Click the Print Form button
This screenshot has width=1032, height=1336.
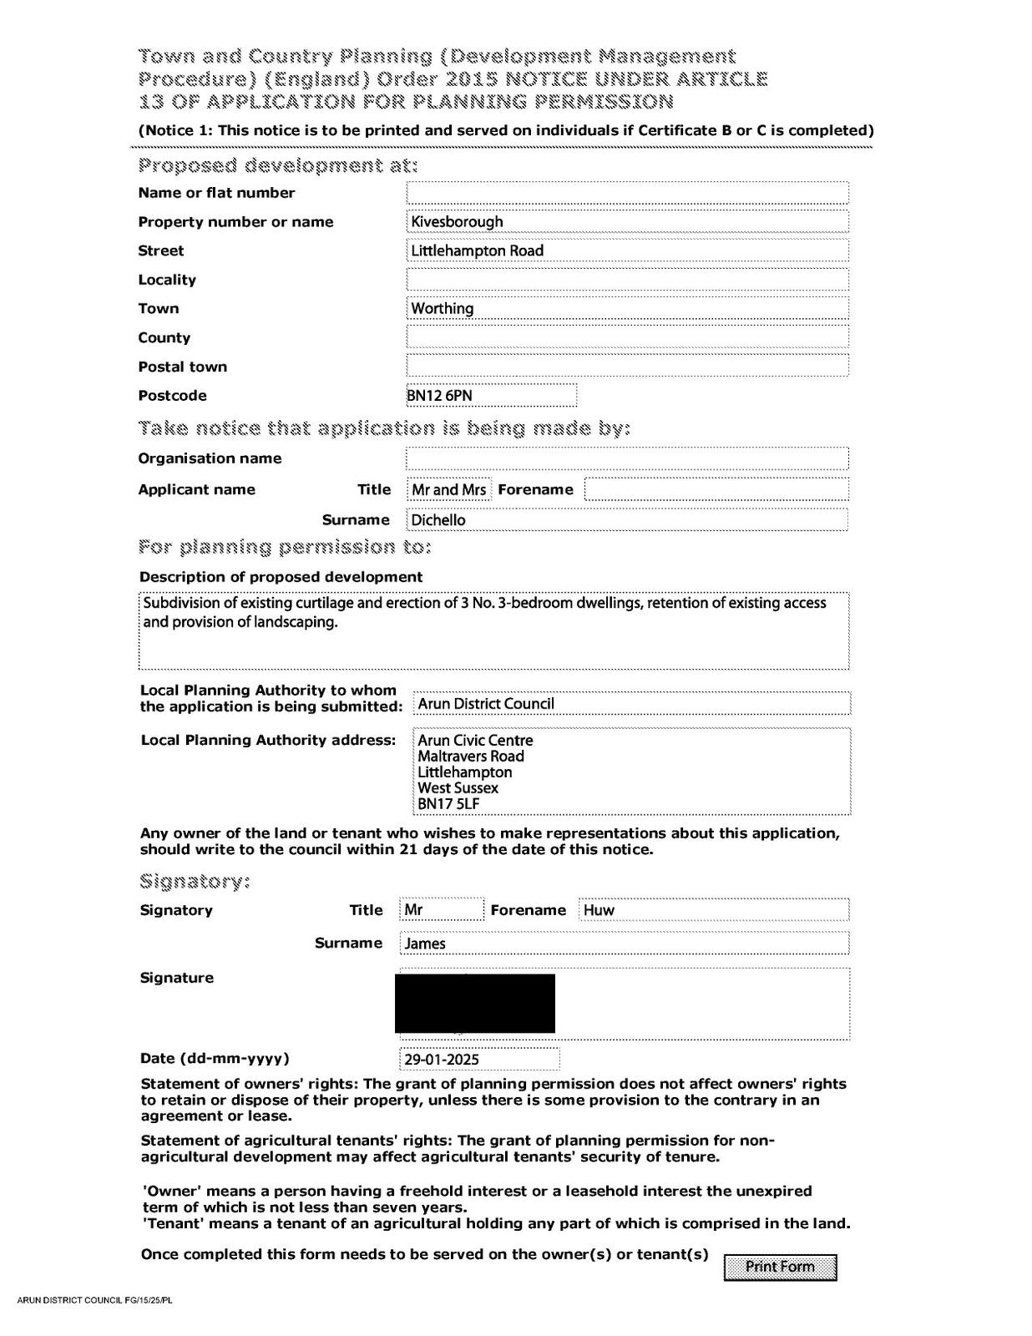[780, 1267]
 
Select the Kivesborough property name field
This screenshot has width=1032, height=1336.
[627, 221]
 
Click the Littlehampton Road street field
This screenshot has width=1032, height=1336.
[627, 250]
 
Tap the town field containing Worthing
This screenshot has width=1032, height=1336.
[627, 308]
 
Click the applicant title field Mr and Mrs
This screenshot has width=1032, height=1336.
[449, 489]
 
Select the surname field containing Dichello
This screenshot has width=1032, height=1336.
[627, 519]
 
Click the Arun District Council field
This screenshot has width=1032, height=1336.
[631, 703]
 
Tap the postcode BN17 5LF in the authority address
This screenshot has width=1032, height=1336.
[448, 803]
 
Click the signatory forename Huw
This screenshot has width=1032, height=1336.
[713, 909]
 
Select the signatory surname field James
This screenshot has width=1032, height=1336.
[624, 944]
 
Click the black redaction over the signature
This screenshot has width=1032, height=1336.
[474, 1003]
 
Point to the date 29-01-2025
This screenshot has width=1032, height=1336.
[479, 1059]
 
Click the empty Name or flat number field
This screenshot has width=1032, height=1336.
[627, 193]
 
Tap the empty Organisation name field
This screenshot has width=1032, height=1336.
[627, 458]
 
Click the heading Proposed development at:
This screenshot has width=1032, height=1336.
[278, 165]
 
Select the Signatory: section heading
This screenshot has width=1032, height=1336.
[195, 882]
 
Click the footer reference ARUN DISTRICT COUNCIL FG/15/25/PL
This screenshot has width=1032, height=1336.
[94, 1300]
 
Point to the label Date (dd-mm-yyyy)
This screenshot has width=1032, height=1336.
[215, 1059]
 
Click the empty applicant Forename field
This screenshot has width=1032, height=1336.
[716, 489]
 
